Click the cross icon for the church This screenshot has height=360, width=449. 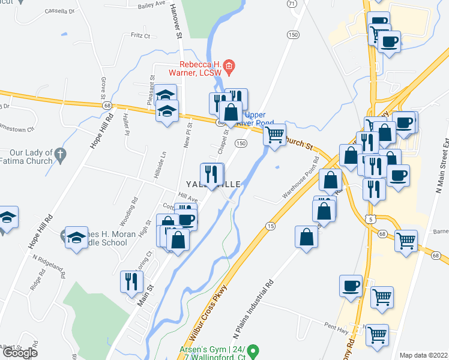point(60,155)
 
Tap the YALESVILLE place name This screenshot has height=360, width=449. point(214,184)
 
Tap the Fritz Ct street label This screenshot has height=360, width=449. point(140,36)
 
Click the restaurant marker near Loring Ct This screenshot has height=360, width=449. point(131,280)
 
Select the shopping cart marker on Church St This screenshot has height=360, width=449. point(275,134)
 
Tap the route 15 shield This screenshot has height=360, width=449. point(271,226)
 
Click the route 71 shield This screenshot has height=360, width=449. point(292,4)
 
